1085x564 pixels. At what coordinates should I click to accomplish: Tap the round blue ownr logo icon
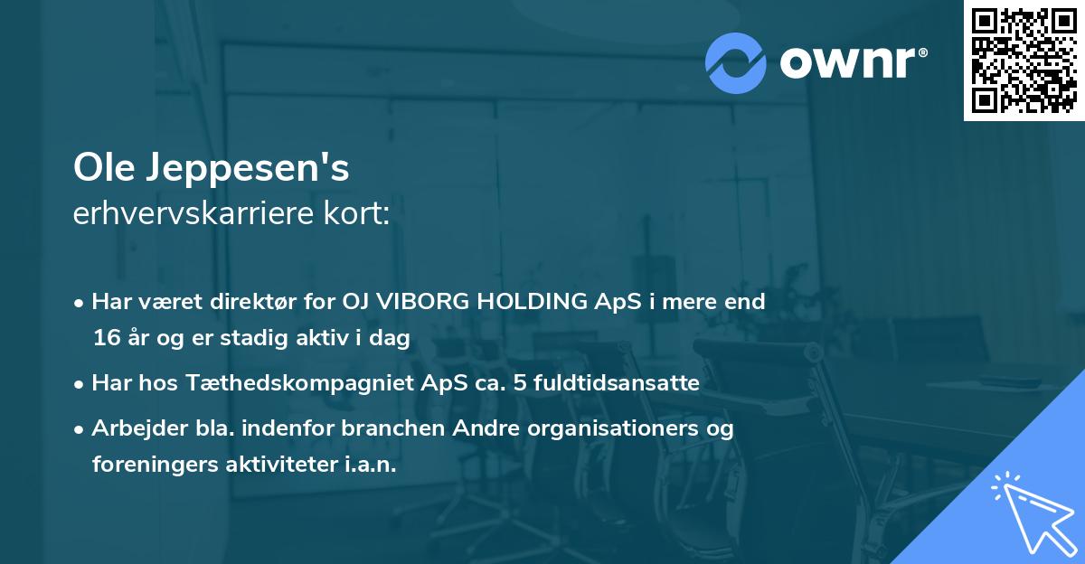pyautogui.click(x=736, y=62)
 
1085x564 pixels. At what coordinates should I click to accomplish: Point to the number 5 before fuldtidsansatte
pyautogui.click(x=520, y=383)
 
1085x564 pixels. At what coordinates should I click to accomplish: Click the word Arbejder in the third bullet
pyautogui.click(x=132, y=428)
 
